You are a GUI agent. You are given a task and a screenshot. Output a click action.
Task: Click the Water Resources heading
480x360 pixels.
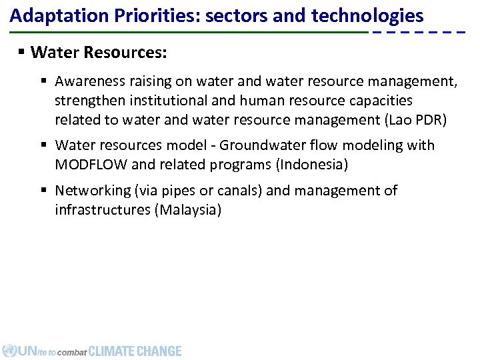(99, 51)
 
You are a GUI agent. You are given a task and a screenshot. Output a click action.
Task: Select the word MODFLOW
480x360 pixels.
(89, 164)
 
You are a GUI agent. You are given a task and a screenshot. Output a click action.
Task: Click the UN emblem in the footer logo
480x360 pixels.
(9, 351)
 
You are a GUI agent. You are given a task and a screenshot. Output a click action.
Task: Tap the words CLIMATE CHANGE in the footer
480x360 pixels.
(135, 351)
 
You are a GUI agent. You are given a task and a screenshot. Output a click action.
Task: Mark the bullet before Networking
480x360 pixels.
(43, 191)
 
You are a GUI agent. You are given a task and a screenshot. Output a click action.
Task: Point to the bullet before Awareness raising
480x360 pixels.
(43, 81)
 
